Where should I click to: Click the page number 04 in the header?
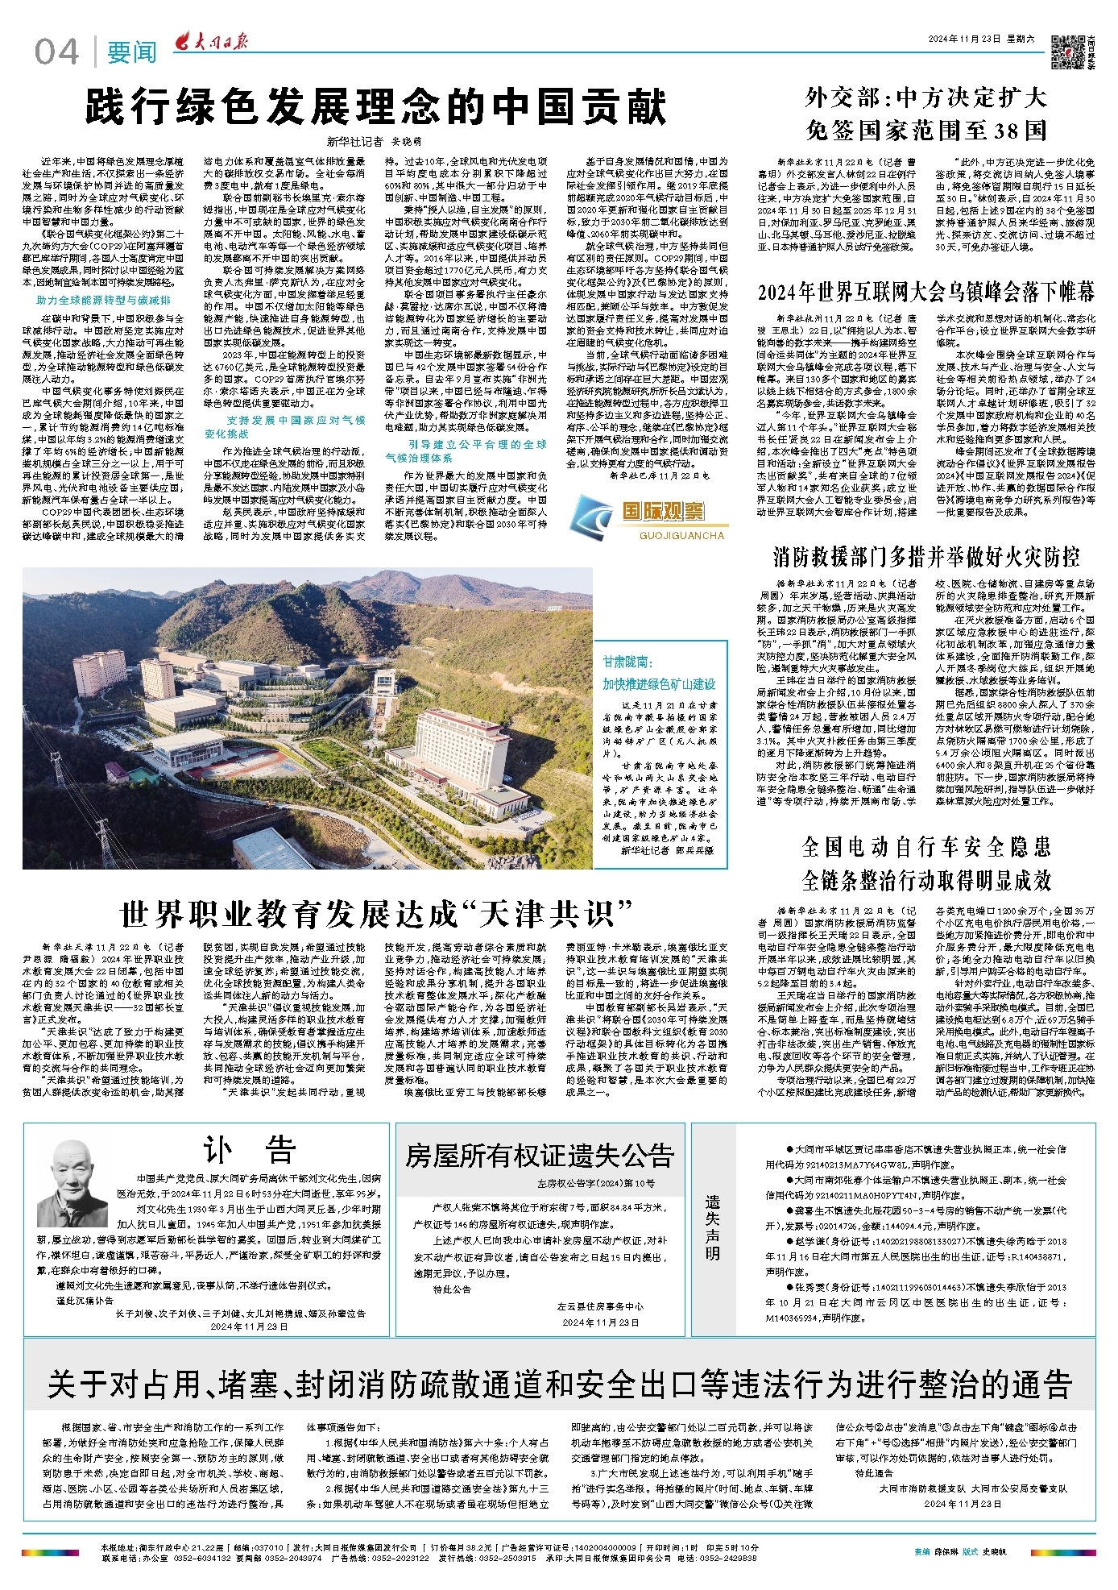pos(56,52)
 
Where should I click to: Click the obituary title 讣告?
pos(249,1152)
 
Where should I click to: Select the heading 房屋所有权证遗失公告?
pos(539,1156)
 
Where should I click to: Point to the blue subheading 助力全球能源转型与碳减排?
pos(103,301)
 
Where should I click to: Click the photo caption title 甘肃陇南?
pos(626,662)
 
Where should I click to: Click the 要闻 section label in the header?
pos(132,53)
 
